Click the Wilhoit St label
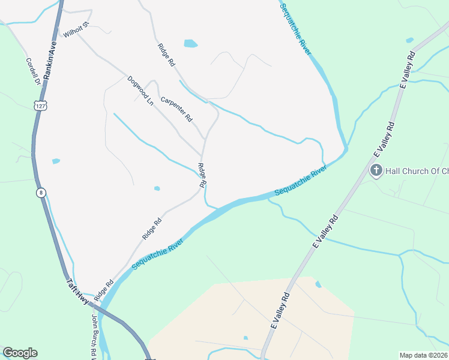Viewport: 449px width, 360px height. coord(76,29)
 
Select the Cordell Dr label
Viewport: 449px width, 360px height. coord(32,71)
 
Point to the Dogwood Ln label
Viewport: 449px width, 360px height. coord(140,90)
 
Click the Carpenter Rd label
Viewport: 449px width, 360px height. coord(176,109)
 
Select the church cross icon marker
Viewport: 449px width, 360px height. coord(376,170)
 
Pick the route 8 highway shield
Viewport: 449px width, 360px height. coord(41,193)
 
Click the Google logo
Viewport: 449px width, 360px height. coord(20,353)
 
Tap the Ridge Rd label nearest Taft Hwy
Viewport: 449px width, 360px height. coord(103,290)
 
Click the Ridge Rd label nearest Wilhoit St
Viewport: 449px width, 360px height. coord(166,55)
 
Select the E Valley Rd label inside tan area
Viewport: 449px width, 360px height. coord(280,312)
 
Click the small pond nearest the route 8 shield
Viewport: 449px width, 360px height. coord(56,161)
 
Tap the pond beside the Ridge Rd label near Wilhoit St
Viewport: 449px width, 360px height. coord(190,43)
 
